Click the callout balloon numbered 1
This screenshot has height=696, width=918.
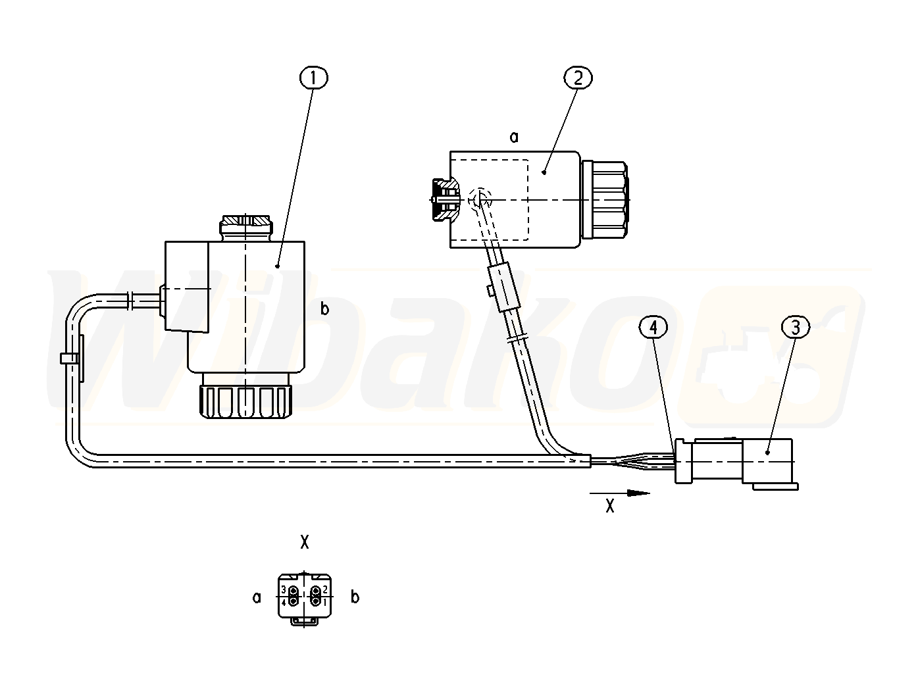pos(314,78)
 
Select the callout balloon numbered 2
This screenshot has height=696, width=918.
pos(578,78)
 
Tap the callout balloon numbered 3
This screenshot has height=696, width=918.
pos(796,328)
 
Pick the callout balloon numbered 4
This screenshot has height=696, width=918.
pos(653,328)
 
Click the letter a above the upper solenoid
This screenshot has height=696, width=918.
pos(513,137)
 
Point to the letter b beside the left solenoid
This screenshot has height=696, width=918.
pos(324,309)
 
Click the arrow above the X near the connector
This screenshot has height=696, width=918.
pos(619,493)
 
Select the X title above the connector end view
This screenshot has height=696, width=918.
pos(305,542)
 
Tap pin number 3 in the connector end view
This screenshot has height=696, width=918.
pos(284,589)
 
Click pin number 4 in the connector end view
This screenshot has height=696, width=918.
pos(284,603)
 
